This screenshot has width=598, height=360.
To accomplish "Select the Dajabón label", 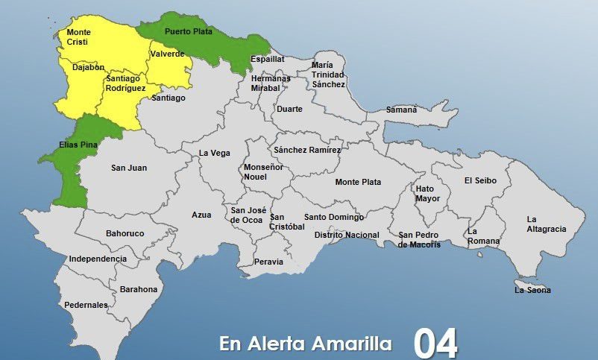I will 88,67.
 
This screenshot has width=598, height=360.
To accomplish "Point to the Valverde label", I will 167,54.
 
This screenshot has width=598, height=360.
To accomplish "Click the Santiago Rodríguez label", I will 125,83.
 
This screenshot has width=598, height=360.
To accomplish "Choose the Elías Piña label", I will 78,145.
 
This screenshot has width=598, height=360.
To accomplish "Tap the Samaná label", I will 401,110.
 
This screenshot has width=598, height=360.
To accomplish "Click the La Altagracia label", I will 546,224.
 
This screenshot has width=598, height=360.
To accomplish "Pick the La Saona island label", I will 532,290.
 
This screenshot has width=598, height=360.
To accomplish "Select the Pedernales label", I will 86,305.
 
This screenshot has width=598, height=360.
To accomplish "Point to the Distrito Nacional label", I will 347,235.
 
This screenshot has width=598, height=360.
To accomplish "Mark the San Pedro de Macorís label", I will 419,240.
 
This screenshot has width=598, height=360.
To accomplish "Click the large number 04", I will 436,343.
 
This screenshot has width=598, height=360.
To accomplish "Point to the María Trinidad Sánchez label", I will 328,75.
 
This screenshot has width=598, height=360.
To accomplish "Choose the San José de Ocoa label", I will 248,215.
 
